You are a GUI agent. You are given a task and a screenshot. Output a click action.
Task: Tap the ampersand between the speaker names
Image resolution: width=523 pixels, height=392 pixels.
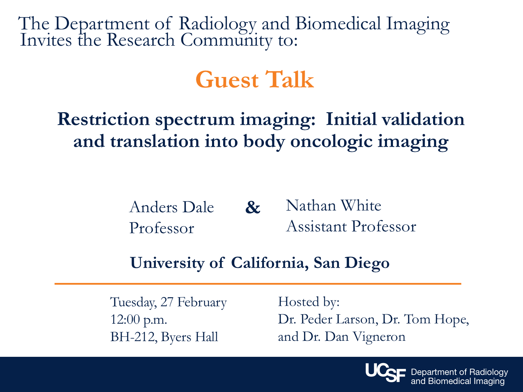coord(253,207)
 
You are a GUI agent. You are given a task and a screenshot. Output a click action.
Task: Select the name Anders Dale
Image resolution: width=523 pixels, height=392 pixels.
coord(172,207)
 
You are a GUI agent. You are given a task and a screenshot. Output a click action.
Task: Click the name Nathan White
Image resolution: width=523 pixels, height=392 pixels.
coord(333,205)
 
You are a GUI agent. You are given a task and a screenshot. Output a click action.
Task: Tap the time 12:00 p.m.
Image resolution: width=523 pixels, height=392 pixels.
coord(138,320)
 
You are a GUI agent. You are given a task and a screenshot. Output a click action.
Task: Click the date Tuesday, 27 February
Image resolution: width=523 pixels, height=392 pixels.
coord(168,302)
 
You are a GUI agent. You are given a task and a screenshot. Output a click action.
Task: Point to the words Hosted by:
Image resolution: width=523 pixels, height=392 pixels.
coord(309,302)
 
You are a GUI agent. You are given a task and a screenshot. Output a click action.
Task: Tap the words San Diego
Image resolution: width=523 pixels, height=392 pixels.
coord(351,263)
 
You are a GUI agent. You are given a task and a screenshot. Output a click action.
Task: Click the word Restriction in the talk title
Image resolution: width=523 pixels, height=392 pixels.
coord(104,119)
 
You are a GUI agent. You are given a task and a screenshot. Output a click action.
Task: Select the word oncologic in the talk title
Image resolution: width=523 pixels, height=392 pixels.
coord(332,141)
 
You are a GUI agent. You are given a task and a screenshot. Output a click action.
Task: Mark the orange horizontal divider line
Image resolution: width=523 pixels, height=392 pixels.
coord(258,284)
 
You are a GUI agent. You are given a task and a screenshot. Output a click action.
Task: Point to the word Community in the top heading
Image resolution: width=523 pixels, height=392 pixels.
coord(226,40)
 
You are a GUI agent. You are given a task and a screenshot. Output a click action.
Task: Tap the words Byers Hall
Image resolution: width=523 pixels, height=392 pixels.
coord(189,337)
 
